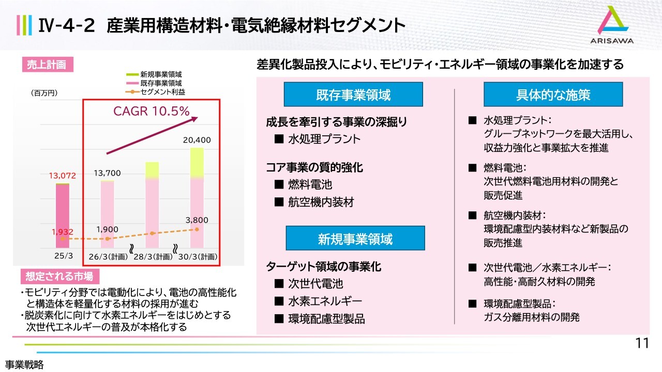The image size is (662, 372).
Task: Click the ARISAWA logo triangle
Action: tap(612, 20)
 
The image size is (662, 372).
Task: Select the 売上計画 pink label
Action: tap(48, 65)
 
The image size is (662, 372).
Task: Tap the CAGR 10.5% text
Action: tap(152, 111)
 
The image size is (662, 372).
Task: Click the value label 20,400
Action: tap(197, 140)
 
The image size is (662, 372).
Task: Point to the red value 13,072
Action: tap(63, 176)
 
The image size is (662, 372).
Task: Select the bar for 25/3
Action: tap(63, 215)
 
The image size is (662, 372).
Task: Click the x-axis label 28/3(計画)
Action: tap(153, 257)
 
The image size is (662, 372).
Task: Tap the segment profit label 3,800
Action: tap(197, 220)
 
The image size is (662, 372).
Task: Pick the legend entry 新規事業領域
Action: tap(154, 74)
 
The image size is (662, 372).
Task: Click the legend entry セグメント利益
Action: tap(156, 92)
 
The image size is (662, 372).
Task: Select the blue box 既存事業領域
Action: tap(353, 95)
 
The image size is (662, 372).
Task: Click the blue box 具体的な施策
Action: tap(553, 95)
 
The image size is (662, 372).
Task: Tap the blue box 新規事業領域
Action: tap(355, 238)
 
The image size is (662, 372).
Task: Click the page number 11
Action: tap(642, 344)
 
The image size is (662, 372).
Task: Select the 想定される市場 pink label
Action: tap(59, 276)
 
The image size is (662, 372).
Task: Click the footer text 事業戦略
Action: tap(24, 365)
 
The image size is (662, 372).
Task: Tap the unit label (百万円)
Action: tap(44, 93)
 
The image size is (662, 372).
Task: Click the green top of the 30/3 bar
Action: tap(197, 162)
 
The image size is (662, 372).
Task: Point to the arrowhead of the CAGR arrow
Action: tap(194, 119)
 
